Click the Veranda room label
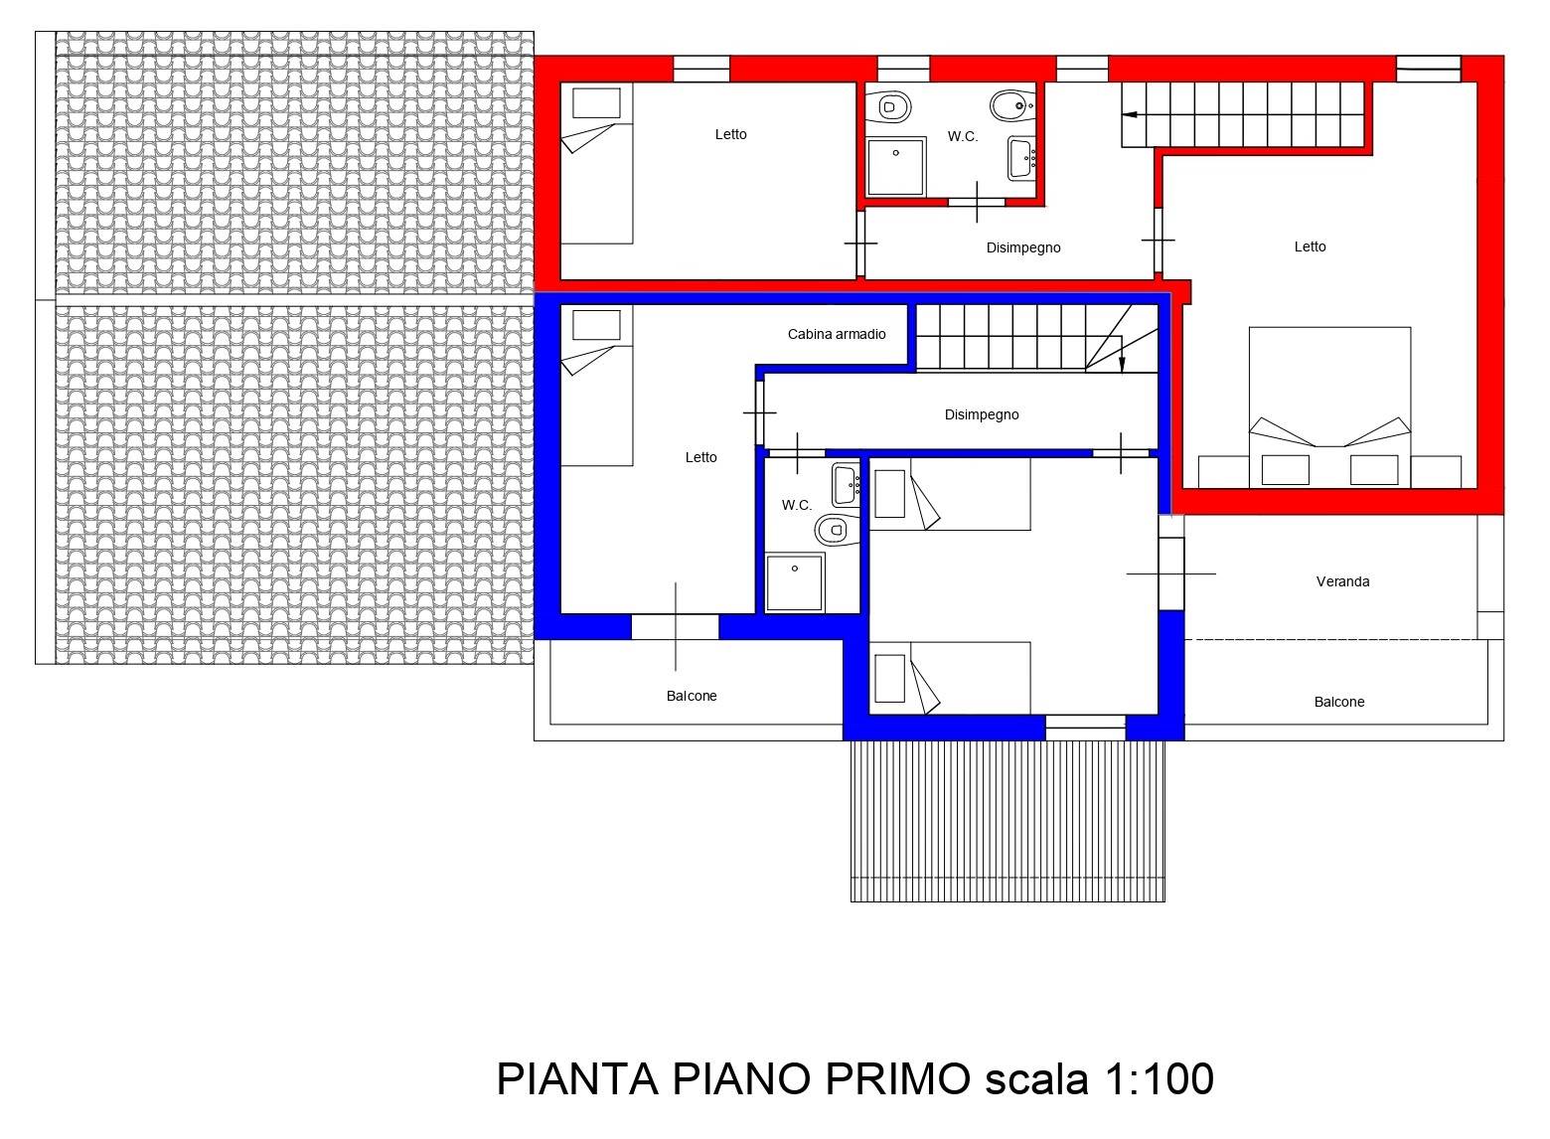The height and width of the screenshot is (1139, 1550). tap(1342, 582)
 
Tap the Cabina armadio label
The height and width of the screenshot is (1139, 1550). tap(837, 334)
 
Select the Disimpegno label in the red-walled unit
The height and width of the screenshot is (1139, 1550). tap(1023, 247)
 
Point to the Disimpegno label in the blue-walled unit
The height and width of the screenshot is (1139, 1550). tap(982, 415)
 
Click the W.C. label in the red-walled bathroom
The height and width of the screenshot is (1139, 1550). tap(963, 137)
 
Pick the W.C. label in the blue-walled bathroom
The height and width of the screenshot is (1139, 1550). tap(797, 506)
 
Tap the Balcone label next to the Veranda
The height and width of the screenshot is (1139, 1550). tap(1339, 703)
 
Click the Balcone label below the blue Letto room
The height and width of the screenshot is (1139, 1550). tap(692, 696)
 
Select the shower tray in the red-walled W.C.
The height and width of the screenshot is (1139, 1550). tap(896, 167)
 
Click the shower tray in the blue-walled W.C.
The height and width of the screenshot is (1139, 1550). tap(795, 582)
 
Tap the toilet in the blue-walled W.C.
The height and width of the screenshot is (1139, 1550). tap(837, 530)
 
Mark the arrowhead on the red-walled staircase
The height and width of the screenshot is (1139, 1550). tap(1130, 114)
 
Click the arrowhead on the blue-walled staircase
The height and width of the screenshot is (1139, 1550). tap(1123, 366)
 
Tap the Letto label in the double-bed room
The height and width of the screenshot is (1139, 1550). tap(1310, 247)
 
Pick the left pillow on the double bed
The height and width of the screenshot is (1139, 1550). tap(1285, 470)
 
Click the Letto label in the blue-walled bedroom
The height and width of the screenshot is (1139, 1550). tap(700, 457)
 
